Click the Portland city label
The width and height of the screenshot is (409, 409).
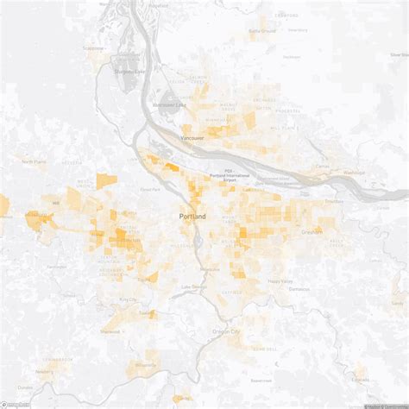pos(192,216)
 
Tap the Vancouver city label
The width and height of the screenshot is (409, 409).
pos(192,137)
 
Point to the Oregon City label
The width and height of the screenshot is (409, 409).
pos(227,331)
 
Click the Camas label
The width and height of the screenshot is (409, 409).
pos(322,166)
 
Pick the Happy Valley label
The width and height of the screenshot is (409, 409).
pos(280,281)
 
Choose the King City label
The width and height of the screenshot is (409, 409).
pos(129,299)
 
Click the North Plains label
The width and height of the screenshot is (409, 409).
pos(35,161)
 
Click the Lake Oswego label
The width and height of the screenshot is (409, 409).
pos(193,286)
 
